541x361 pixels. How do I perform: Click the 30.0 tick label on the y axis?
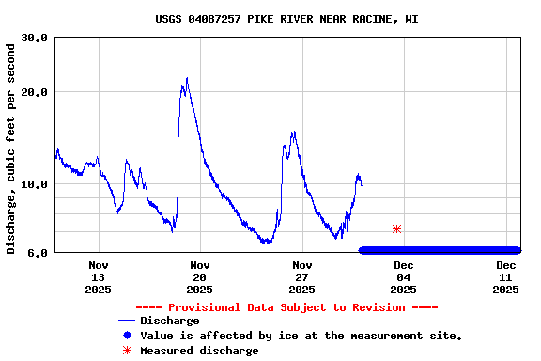(35, 38)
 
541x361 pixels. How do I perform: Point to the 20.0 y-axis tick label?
(35, 92)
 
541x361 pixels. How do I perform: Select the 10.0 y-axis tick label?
(35, 184)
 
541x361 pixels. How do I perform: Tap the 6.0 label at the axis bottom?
(39, 252)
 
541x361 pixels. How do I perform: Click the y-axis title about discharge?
(11, 148)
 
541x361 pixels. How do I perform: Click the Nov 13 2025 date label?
(98, 277)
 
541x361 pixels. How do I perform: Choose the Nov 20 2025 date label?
(199, 277)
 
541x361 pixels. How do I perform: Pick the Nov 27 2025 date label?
(301, 277)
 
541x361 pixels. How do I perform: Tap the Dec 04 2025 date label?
(403, 277)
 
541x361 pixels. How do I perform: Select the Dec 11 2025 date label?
(505, 277)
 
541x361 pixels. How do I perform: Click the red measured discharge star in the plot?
(396, 228)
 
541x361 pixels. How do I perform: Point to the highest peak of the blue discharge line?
(187, 79)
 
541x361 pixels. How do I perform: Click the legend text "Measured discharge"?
(199, 351)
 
